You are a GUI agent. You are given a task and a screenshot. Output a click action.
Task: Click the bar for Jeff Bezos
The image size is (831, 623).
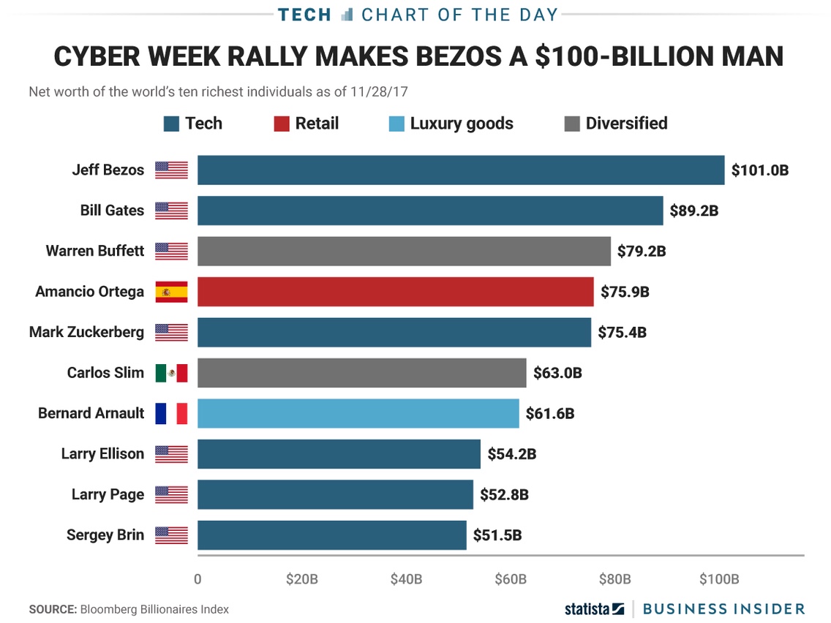pyautogui.click(x=460, y=170)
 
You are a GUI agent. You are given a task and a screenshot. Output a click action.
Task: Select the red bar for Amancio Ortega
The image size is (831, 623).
pyautogui.click(x=395, y=292)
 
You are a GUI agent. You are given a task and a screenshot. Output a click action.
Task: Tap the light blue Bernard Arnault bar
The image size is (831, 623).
pyautogui.click(x=358, y=413)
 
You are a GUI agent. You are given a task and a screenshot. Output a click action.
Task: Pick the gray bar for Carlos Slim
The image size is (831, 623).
pyautogui.click(x=361, y=373)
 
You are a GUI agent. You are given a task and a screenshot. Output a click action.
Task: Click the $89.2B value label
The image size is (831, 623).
pyautogui.click(x=694, y=211)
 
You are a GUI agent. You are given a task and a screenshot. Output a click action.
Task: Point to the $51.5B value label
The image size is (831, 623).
pyautogui.click(x=497, y=535)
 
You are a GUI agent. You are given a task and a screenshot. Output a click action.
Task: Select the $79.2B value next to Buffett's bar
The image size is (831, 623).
pyautogui.click(x=642, y=252)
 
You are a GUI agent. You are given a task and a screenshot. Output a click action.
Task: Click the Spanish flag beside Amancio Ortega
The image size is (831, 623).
pyautogui.click(x=171, y=292)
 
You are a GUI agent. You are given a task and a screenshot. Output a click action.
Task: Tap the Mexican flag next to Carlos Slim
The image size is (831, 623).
pyautogui.click(x=171, y=373)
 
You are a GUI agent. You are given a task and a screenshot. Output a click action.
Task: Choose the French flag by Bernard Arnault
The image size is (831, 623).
pyautogui.click(x=171, y=413)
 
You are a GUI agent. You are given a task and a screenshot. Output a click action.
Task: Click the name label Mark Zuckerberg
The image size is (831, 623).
pyautogui.click(x=86, y=332)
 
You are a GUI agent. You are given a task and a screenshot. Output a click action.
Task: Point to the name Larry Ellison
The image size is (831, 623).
pyautogui.click(x=102, y=454)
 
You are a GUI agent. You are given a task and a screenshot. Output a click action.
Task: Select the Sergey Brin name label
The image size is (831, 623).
pyautogui.click(x=105, y=535)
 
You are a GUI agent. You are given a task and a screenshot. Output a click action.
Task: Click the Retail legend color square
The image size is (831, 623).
pyautogui.click(x=282, y=124)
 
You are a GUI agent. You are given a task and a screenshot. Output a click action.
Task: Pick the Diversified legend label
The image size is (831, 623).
pyautogui.click(x=626, y=124)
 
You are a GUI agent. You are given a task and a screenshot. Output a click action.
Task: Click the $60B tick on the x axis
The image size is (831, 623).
pyautogui.click(x=511, y=580)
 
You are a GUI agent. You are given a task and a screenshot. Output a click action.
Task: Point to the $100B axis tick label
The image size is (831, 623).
pyautogui.click(x=719, y=580)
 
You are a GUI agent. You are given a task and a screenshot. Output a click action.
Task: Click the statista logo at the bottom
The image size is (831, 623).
pyautogui.click(x=594, y=608)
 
